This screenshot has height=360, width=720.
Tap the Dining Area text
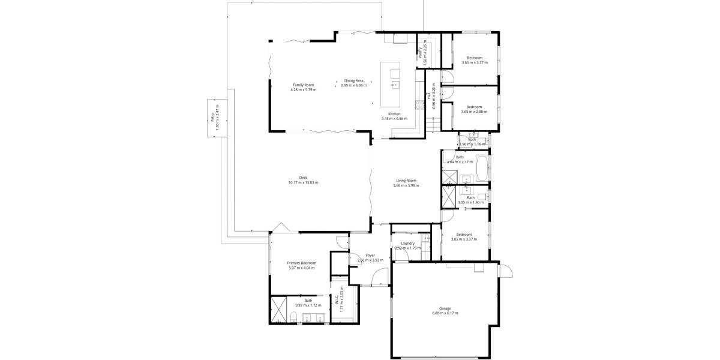point(353,80)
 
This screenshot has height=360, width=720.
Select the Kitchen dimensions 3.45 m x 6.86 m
point(394,119)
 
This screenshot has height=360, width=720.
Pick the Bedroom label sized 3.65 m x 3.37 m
point(475,58)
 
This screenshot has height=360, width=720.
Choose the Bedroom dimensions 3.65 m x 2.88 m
point(474,112)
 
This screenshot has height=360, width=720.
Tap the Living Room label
point(406,181)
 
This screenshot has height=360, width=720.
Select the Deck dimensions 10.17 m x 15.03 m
point(303,182)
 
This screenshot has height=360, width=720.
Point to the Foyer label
point(370,255)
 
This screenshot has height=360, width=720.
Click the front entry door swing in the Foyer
point(379,277)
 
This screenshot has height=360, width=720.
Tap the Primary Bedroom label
point(301,263)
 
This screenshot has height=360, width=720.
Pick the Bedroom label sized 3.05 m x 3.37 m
point(464,234)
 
